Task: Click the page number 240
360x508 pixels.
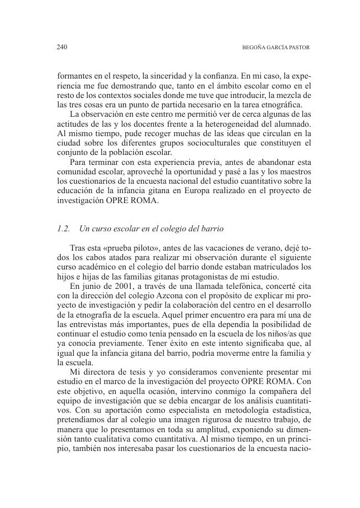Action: click(62, 48)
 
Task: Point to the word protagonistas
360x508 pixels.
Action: click(186, 276)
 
